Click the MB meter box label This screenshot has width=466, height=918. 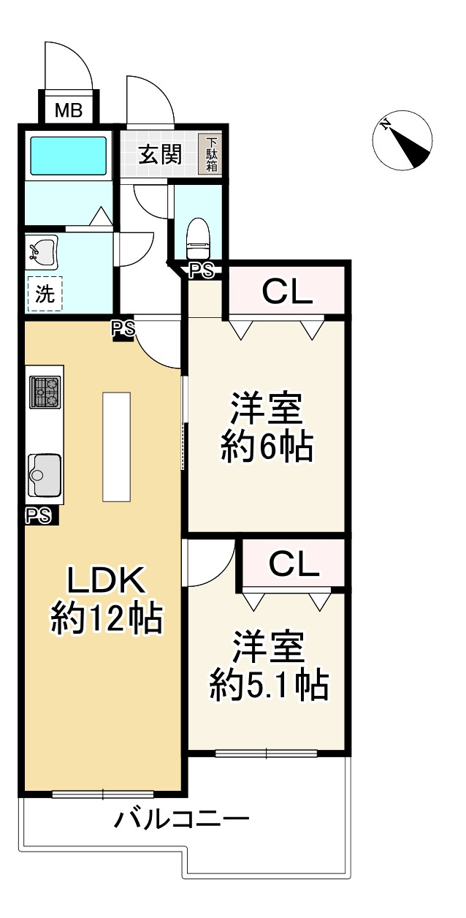point(69,110)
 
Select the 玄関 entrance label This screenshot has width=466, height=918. point(160,155)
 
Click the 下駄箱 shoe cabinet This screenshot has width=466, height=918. point(211,154)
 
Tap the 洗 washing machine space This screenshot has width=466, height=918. point(45,293)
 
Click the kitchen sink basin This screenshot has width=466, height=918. point(45,475)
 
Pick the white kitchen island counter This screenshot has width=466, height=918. point(117,447)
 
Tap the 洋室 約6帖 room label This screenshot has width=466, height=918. point(267,427)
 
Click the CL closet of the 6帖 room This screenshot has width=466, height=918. point(286,292)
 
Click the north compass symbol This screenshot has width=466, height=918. point(402,140)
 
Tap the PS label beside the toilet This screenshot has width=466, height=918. point(202,271)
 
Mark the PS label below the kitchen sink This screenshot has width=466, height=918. point(39,515)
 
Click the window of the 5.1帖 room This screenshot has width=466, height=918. point(267,753)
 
